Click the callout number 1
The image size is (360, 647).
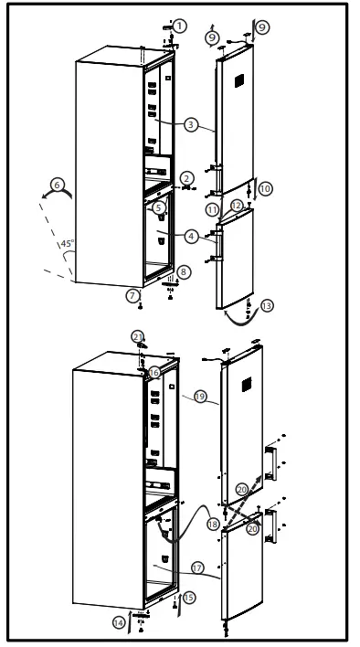[181, 26]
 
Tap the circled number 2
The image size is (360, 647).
[186, 177]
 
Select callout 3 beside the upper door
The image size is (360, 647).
[189, 123]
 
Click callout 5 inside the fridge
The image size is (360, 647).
[159, 207]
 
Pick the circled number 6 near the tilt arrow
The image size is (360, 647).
[58, 185]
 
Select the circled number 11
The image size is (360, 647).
[212, 210]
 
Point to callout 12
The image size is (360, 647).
[237, 206]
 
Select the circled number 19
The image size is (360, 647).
[200, 397]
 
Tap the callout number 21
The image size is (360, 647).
[138, 337]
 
